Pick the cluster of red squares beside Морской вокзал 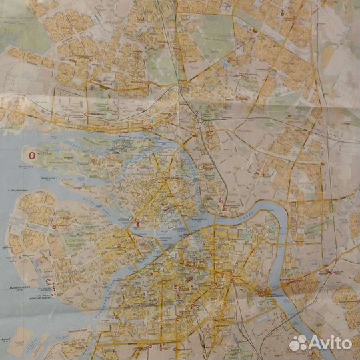(51, 285)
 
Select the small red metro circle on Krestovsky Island (93, 160)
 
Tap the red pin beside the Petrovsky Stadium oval (137, 223)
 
